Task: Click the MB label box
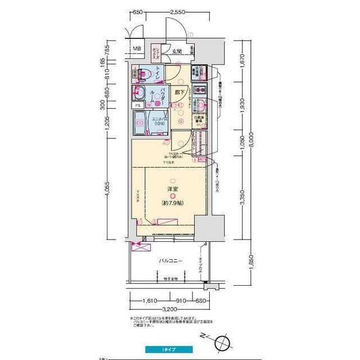pyautogui.click(x=137, y=48)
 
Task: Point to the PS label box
pyautogui.click(x=137, y=105)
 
